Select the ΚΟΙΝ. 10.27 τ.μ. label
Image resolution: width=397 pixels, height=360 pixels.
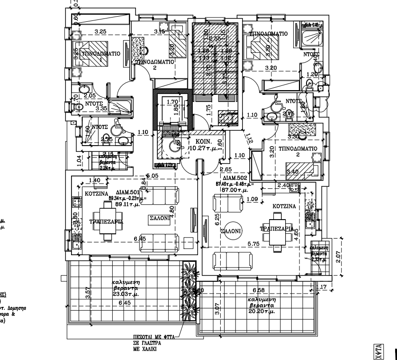point(203,145)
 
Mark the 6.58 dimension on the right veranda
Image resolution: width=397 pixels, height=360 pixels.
point(259,290)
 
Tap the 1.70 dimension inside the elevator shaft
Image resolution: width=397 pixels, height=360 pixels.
point(172,101)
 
